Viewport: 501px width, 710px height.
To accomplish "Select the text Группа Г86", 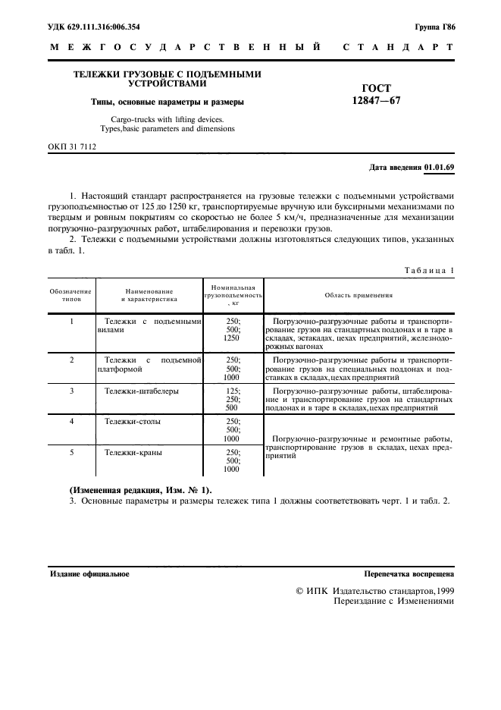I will pyautogui.click(x=435, y=27).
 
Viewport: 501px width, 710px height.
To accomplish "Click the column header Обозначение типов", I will pyautogui.click(x=71, y=295).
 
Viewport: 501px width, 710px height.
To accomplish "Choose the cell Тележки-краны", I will pyautogui.click(x=133, y=452).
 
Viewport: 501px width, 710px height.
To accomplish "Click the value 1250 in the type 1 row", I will pyautogui.click(x=231, y=339).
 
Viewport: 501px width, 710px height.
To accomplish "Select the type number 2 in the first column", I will pyautogui.click(x=71, y=359).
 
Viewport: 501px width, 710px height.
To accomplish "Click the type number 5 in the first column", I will pyautogui.click(x=71, y=452).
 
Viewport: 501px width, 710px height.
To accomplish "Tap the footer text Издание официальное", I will pyautogui.click(x=89, y=574).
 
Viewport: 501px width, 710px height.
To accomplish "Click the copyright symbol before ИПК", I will pyautogui.click(x=299, y=589).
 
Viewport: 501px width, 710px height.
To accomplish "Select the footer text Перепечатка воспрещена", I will pyautogui.click(x=409, y=574).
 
